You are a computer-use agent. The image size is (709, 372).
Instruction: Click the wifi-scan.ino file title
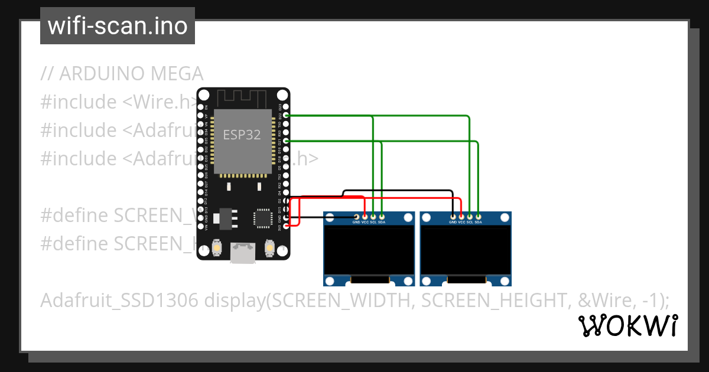click(x=117, y=26)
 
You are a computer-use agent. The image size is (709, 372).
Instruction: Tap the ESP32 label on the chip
click(x=241, y=135)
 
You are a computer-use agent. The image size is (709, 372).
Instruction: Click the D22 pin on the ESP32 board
click(x=287, y=115)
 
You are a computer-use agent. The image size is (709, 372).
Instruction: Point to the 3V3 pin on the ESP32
click(x=287, y=225)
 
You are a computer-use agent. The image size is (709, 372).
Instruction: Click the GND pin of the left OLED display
click(x=356, y=217)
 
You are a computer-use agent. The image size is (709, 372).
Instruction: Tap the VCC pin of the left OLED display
click(x=365, y=217)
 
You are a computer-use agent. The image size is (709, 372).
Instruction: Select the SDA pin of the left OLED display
click(x=382, y=217)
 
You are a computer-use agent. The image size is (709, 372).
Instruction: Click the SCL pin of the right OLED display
click(x=470, y=217)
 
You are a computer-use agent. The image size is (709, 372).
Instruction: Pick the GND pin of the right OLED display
click(x=453, y=217)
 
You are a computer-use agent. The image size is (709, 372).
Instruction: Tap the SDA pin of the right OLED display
click(x=479, y=217)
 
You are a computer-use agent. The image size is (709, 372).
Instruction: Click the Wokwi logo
click(x=627, y=326)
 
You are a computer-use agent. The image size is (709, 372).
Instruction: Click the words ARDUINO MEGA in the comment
click(x=131, y=74)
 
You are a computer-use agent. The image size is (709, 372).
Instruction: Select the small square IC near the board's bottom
click(x=262, y=218)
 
